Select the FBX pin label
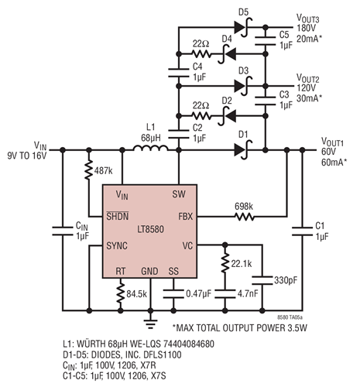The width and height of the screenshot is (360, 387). pos(175,217)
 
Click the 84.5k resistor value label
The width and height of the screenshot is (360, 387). pos(140,294)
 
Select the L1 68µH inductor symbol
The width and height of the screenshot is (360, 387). pos(144,147)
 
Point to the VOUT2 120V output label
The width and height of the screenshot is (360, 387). pos(314,83)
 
